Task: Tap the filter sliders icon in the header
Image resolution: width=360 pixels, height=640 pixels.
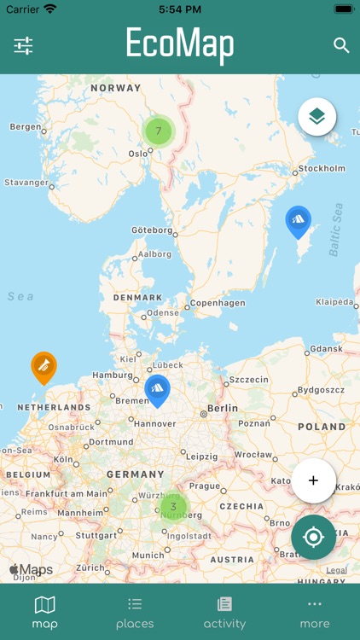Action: pyautogui.click(x=23, y=45)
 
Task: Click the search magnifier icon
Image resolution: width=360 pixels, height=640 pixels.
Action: pyautogui.click(x=341, y=45)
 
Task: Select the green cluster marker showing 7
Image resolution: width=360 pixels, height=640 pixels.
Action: pyautogui.click(x=158, y=131)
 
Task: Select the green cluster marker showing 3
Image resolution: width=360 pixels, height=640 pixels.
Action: pyautogui.click(x=173, y=506)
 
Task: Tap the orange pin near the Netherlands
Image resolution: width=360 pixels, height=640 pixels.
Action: pyautogui.click(x=44, y=367)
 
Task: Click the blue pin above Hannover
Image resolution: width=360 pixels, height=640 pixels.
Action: pyautogui.click(x=157, y=389)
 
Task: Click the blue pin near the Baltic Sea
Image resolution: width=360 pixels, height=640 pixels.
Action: pyautogui.click(x=298, y=221)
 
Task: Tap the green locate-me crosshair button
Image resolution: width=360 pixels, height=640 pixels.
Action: pyautogui.click(x=313, y=537)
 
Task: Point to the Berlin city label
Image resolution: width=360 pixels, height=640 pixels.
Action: pyautogui.click(x=223, y=409)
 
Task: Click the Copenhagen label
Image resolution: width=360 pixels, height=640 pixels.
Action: pyautogui.click(x=218, y=303)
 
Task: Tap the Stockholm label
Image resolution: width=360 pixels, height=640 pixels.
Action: pyautogui.click(x=322, y=169)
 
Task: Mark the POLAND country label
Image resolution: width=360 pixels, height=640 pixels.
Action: pyautogui.click(x=322, y=427)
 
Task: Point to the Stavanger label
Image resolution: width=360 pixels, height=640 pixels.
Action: pyautogui.click(x=26, y=182)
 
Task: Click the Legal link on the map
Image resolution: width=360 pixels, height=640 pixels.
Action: pyautogui.click(x=336, y=570)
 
